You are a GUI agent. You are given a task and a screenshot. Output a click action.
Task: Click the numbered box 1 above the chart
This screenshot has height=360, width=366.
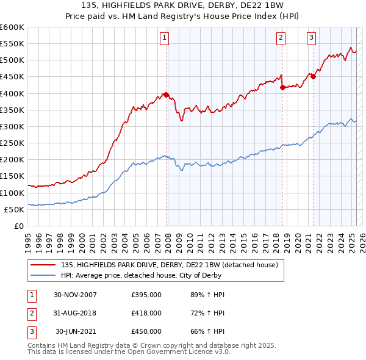tap(165, 38)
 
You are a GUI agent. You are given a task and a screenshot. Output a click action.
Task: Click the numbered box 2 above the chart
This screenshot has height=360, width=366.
tap(281, 38)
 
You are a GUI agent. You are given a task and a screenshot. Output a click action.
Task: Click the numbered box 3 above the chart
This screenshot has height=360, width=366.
tap(311, 38)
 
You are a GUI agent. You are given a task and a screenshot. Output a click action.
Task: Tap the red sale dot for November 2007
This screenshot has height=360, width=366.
tap(167, 95)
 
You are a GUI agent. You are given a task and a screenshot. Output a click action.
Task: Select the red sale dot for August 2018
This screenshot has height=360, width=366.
tap(282, 87)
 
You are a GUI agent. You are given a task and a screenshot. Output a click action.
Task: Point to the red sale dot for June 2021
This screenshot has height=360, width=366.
tap(313, 76)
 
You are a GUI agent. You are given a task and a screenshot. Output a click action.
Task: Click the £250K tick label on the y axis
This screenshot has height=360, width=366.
tap(12, 143)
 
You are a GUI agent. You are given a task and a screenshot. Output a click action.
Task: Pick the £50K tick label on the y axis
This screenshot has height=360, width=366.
tap(15, 209)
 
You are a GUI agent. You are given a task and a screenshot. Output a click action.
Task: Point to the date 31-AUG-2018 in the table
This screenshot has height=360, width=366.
tap(76, 313)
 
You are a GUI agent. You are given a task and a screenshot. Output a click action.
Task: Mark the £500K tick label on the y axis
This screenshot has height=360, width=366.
tap(12, 60)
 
